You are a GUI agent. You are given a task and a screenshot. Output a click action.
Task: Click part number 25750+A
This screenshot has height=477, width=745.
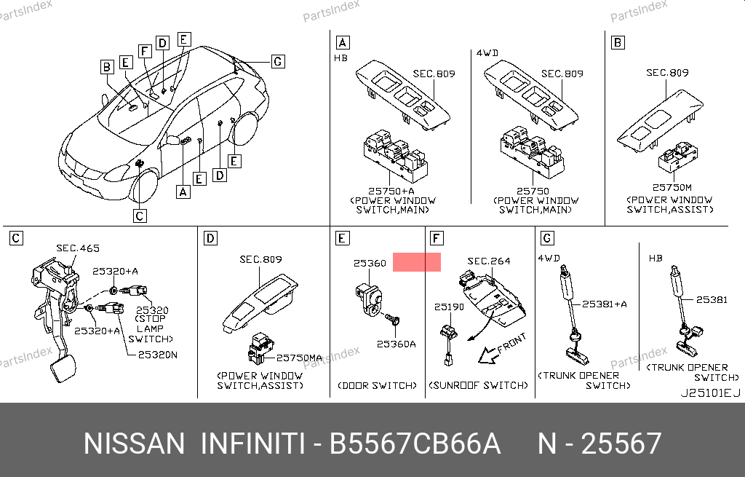[x=391, y=192]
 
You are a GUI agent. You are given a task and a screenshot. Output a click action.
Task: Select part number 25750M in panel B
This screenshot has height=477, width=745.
[x=672, y=187]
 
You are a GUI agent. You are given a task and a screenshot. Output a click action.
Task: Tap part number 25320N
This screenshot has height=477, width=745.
[x=158, y=355]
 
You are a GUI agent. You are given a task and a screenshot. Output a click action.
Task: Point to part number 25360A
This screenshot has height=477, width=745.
[x=397, y=344]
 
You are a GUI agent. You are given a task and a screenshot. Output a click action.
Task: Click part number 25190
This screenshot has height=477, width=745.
[x=449, y=307]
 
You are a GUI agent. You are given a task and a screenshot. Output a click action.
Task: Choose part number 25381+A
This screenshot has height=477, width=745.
[x=605, y=304]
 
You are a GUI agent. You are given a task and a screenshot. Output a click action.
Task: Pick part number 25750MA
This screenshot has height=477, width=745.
[x=299, y=358]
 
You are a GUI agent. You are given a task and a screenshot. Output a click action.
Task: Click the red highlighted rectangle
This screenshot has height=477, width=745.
[x=417, y=262]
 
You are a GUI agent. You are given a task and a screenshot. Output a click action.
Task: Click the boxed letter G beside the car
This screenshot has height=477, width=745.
[x=278, y=61]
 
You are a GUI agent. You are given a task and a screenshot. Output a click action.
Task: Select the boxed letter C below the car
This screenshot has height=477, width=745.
[x=140, y=216]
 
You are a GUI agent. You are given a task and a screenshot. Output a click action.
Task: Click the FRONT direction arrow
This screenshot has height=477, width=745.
[x=488, y=355]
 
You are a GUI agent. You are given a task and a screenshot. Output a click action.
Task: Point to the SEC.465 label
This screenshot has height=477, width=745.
[x=78, y=248]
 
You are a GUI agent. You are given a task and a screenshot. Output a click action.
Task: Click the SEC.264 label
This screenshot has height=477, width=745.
[x=489, y=261]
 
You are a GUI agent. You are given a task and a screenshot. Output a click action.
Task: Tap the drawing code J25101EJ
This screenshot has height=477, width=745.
[x=710, y=393]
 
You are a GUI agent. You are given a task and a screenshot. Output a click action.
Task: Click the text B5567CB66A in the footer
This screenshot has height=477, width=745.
[x=415, y=444]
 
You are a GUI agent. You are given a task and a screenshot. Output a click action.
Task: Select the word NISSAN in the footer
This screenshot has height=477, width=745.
[x=134, y=444]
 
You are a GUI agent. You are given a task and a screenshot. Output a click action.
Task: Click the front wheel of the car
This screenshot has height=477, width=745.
[x=145, y=186]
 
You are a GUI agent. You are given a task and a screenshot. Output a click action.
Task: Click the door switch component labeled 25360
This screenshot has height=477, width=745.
[x=367, y=299]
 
